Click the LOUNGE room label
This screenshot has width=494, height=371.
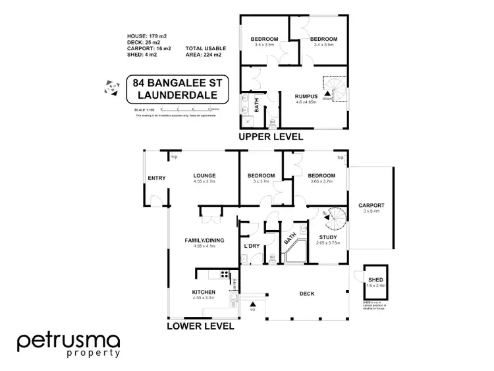tap(205, 175)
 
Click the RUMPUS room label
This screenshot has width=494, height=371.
tap(307, 97)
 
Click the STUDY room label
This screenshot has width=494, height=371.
tap(328, 237)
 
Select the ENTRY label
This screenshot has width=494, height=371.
tap(157, 178)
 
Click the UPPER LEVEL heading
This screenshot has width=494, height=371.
tap(271, 137)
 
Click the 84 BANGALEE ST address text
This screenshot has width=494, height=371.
tap(173, 84)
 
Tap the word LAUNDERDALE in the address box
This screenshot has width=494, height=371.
tap(173, 96)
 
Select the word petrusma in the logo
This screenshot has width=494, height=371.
tap(69, 341)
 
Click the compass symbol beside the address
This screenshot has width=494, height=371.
tap(107, 86)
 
